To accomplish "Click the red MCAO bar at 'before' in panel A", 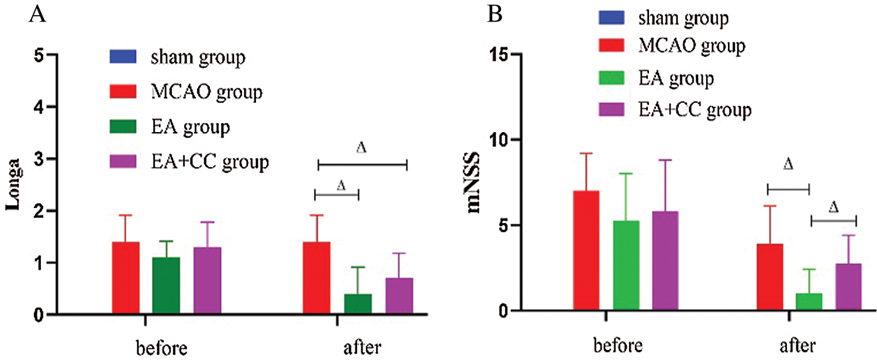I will tap(125, 278).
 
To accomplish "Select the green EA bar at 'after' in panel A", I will tap(358, 304).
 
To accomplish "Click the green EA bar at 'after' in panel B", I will tap(809, 302).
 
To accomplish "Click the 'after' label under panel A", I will tap(362, 348).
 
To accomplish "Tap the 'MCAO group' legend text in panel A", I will tap(206, 92).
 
